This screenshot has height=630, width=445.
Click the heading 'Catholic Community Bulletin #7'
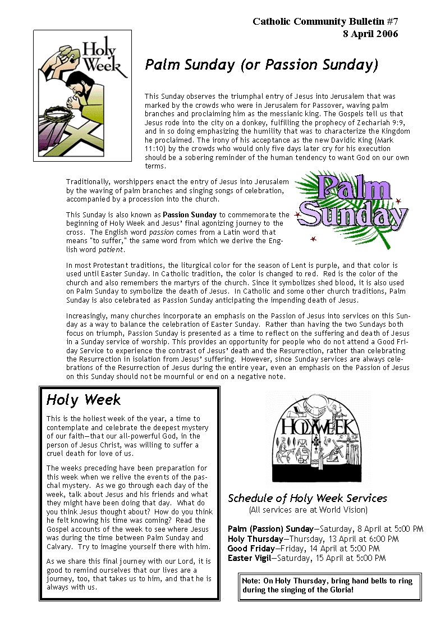point(325,22)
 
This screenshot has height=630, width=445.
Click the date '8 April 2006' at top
point(370,34)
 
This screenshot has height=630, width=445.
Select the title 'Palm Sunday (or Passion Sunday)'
point(261,65)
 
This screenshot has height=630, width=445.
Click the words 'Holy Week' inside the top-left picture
point(101,58)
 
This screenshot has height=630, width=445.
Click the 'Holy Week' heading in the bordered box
point(84,400)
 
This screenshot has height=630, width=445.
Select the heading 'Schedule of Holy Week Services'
point(308,498)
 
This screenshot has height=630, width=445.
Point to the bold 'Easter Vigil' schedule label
point(250,558)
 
